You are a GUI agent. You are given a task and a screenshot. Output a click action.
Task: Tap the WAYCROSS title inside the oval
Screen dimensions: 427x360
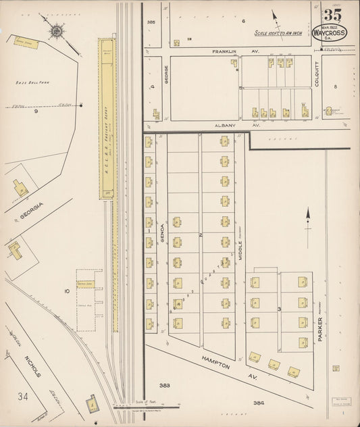(331, 32)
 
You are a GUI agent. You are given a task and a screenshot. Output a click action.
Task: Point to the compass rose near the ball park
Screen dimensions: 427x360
(57, 30)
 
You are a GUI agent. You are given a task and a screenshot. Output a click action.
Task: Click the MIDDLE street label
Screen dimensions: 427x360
(240, 251)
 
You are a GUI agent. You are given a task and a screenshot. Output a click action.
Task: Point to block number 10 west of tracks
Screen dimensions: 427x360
(67, 291)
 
